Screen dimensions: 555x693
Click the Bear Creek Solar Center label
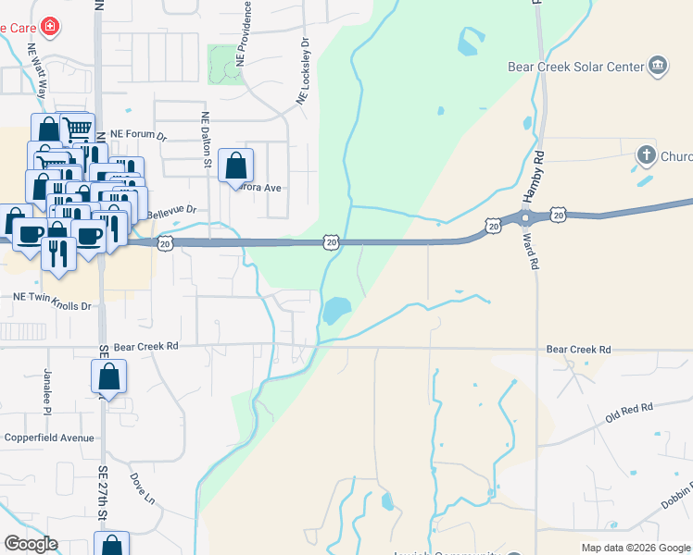point(575,67)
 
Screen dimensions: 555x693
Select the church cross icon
point(646,155)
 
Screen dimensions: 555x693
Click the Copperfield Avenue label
point(48,438)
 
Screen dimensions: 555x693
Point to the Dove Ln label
point(142,488)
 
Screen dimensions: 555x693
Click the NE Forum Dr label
point(137,135)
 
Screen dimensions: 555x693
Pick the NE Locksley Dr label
point(302,70)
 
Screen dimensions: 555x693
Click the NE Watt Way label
point(38,71)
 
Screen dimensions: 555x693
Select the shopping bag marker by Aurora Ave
point(236,166)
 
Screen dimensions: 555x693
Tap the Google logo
point(31,544)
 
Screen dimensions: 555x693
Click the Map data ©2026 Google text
point(635,548)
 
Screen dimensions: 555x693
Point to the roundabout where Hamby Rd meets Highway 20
point(525,218)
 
